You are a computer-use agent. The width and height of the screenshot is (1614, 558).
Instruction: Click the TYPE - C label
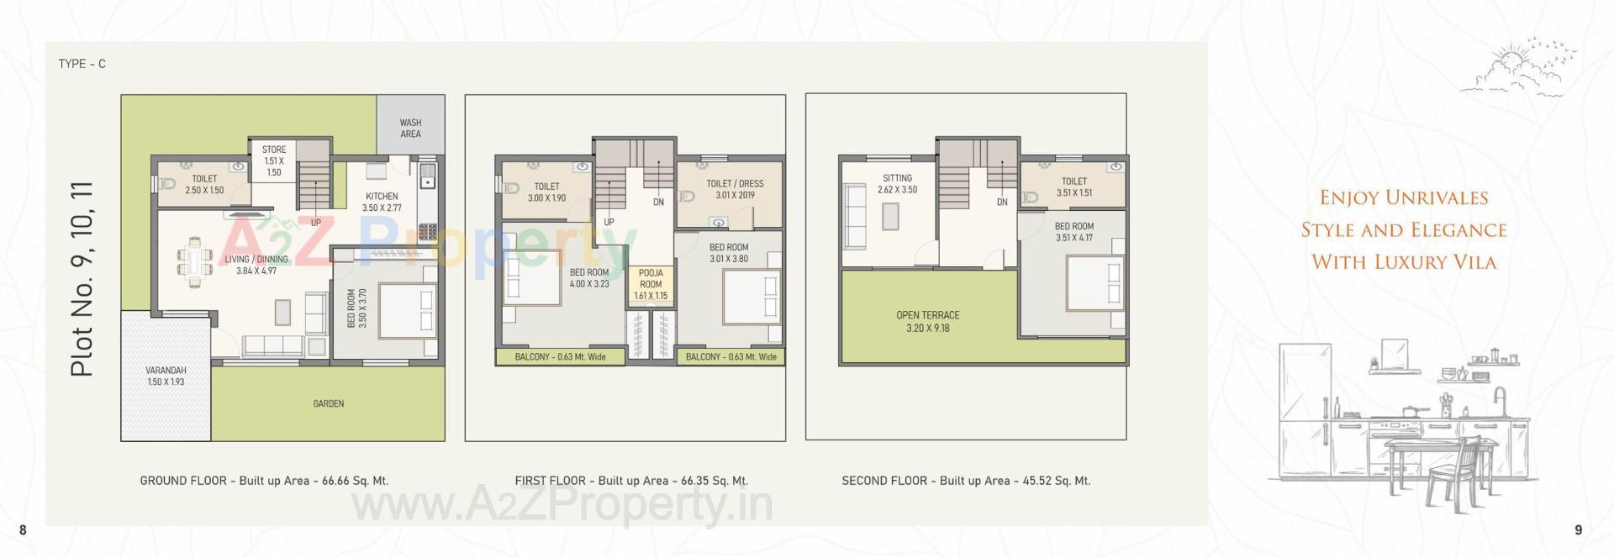[x=82, y=64]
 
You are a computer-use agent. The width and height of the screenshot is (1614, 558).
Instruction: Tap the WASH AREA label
[x=410, y=129]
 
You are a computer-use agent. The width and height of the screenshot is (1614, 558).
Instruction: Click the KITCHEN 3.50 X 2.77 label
[x=382, y=202]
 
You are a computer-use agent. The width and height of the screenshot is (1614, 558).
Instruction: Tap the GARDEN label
[x=328, y=404]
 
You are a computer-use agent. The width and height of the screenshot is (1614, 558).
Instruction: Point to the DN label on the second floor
[x=1002, y=203]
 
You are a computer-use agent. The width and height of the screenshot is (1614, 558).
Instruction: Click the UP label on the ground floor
[x=315, y=223]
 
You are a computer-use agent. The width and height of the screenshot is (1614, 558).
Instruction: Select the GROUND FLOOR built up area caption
[x=264, y=481]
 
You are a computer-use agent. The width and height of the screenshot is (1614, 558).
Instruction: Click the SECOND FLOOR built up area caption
[x=966, y=481]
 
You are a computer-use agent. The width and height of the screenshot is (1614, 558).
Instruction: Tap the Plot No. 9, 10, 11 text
[x=82, y=278]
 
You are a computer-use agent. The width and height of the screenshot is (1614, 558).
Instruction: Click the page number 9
[x=1578, y=529]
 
